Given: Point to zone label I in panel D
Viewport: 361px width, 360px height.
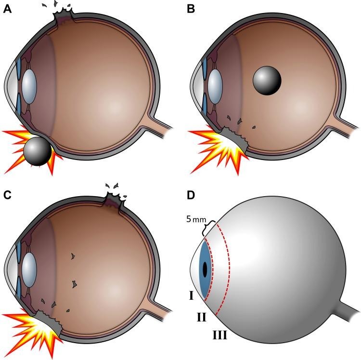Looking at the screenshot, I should (x=191, y=294).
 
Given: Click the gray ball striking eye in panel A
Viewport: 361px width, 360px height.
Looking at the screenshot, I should (x=38, y=151).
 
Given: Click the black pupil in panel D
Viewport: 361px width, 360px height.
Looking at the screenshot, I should (x=205, y=269).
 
